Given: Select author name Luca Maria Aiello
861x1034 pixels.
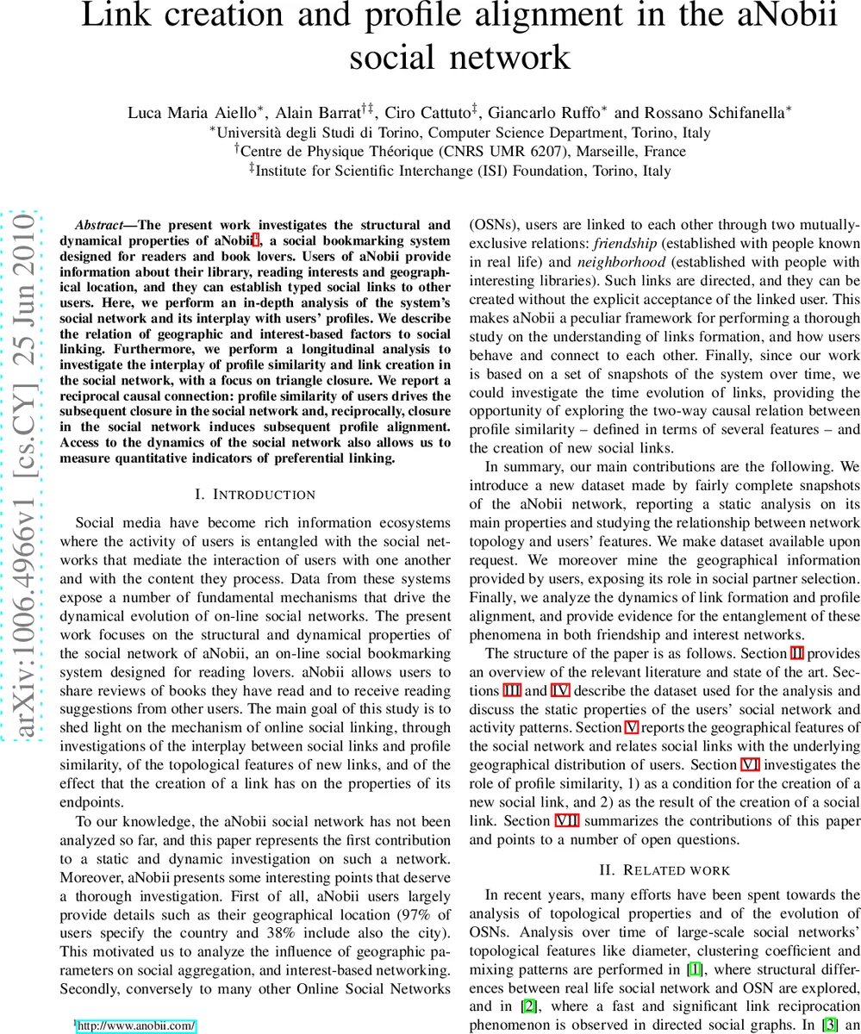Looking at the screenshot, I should [195, 113].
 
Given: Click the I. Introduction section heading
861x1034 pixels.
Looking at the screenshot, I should [255, 495].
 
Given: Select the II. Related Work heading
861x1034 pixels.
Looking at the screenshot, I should [664, 870].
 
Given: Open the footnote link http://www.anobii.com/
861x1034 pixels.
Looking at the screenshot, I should [137, 1025].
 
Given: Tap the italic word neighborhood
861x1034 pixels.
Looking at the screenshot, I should [621, 262].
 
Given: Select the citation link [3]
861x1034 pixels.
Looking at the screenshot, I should [831, 1025].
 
